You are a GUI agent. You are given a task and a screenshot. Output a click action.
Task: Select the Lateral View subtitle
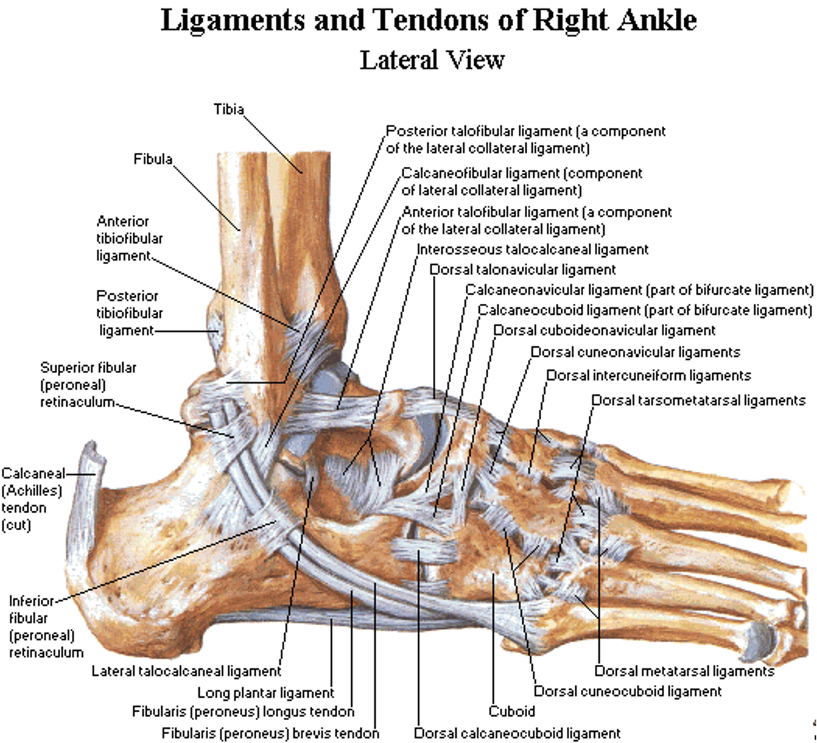pyautogui.click(x=432, y=60)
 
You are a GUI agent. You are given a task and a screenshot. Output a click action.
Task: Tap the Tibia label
pyautogui.click(x=229, y=110)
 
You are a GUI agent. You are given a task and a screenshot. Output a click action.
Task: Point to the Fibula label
pyautogui.click(x=153, y=159)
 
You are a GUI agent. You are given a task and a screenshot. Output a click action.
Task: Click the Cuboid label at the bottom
pyautogui.click(x=512, y=711)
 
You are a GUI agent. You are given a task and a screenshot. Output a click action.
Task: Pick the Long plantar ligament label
pyautogui.click(x=266, y=693)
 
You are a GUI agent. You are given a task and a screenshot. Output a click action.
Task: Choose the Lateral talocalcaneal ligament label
pyautogui.click(x=186, y=671)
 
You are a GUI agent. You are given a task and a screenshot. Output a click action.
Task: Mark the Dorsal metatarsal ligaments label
pyautogui.click(x=684, y=671)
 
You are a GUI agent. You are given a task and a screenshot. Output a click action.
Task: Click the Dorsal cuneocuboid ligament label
pyautogui.click(x=628, y=691)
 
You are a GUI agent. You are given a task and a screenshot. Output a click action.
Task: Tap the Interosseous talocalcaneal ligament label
pyautogui.click(x=533, y=250)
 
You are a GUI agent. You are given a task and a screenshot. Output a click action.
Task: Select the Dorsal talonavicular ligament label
pyautogui.click(x=522, y=270)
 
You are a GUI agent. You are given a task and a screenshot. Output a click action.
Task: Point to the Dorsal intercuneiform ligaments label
pyautogui.click(x=649, y=376)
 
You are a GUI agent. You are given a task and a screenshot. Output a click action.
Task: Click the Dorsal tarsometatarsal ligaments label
pyautogui.click(x=699, y=401)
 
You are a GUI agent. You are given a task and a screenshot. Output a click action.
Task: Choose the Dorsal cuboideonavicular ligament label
pyautogui.click(x=605, y=331)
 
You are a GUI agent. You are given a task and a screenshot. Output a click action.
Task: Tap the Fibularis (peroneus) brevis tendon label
pyautogui.click(x=270, y=734)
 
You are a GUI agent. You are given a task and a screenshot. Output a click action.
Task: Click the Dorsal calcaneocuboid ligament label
pyautogui.click(x=517, y=734)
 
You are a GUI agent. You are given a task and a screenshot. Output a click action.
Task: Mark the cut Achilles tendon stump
pyautogui.click(x=85, y=521)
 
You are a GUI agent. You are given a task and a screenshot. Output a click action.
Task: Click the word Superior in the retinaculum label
pyautogui.click(x=89, y=368)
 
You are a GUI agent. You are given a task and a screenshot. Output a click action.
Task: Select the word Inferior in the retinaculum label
pyautogui.click(x=31, y=601)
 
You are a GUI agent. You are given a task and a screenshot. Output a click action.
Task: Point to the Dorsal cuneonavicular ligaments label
pyautogui.click(x=635, y=353)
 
